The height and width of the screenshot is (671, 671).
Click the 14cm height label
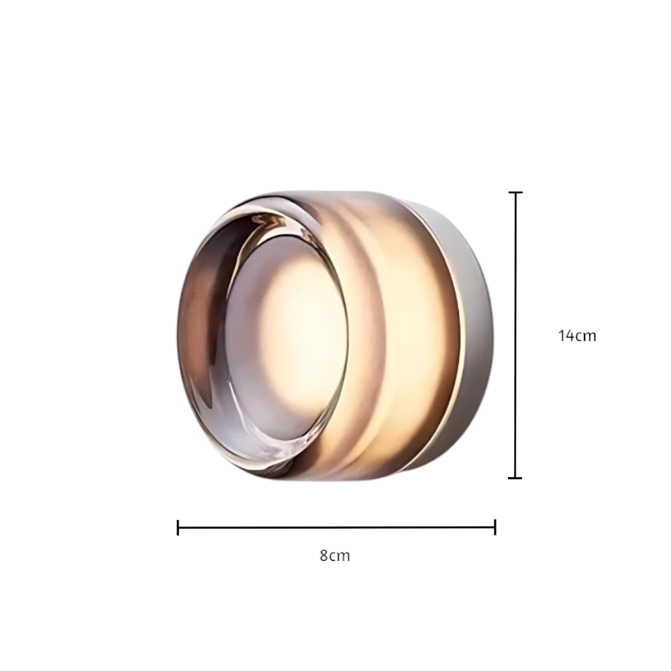point(577,336)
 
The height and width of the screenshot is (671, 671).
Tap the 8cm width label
point(335,556)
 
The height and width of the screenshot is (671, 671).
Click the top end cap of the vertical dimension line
point(515,193)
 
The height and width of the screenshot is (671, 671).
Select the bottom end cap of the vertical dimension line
point(515,478)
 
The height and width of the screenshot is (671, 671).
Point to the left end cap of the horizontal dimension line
point(178,527)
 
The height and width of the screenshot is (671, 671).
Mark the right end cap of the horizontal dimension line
point(495,527)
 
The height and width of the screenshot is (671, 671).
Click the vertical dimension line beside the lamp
point(515,335)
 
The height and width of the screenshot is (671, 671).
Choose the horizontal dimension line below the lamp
point(336,527)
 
